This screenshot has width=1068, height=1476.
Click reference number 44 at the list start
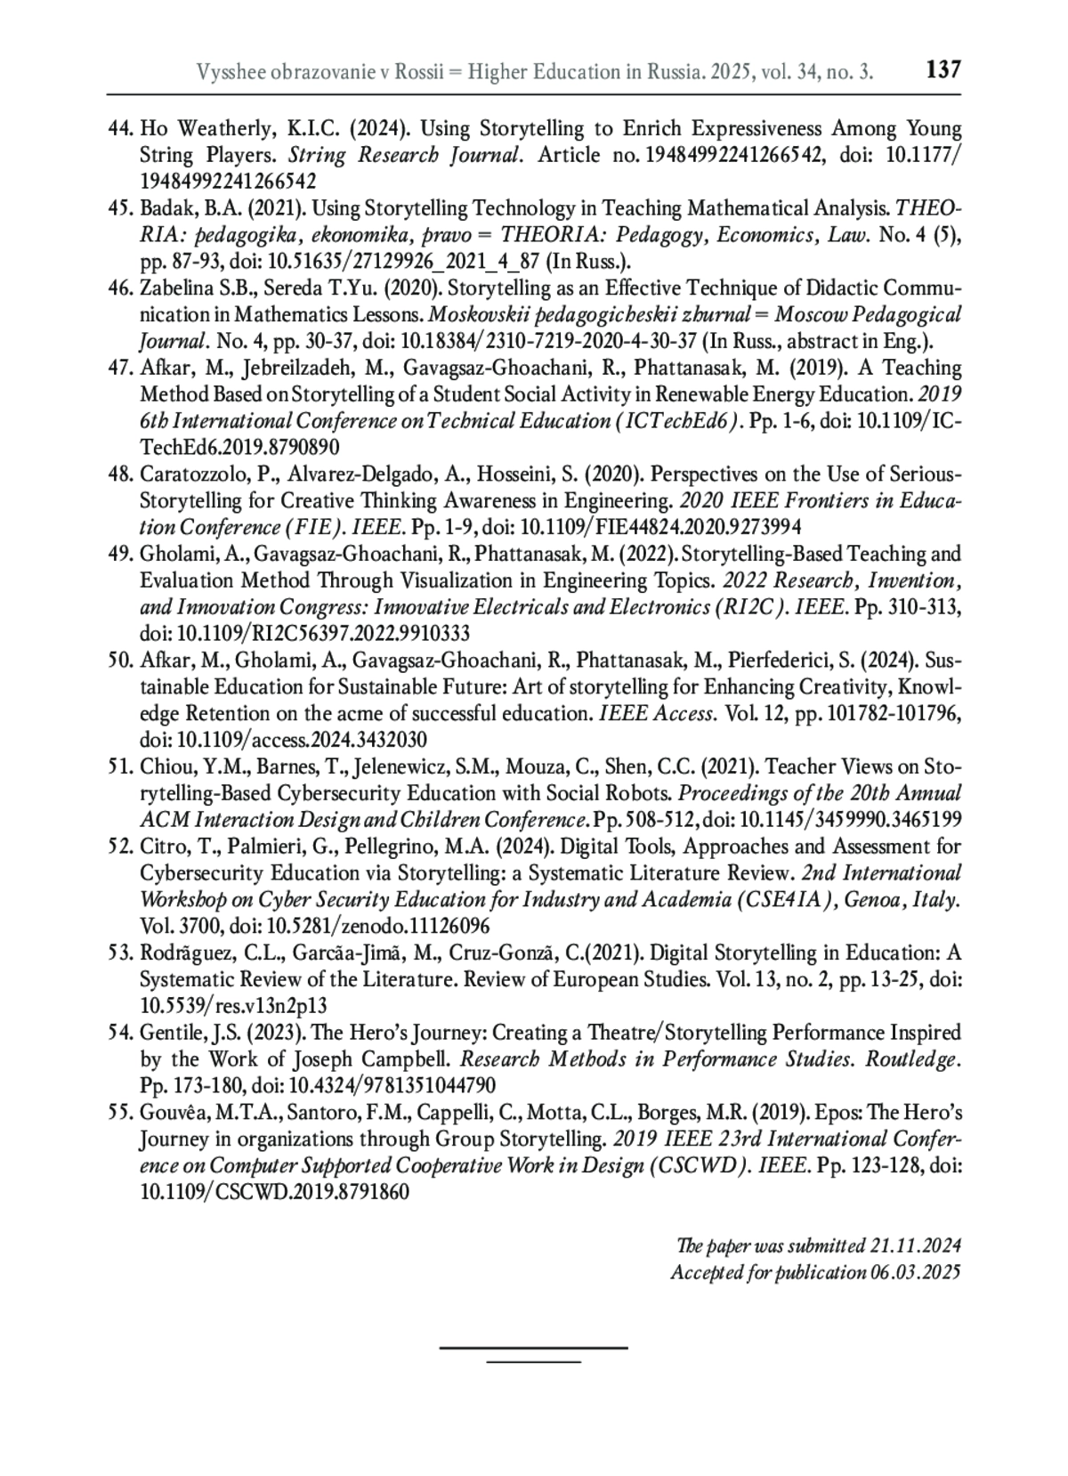tap(120, 129)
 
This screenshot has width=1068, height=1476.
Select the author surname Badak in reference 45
tap(163, 209)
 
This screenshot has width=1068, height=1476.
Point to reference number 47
tap(120, 369)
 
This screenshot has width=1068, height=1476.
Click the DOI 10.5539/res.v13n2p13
tap(234, 1006)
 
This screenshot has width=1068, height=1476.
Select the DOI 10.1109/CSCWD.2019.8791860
tap(275, 1193)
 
